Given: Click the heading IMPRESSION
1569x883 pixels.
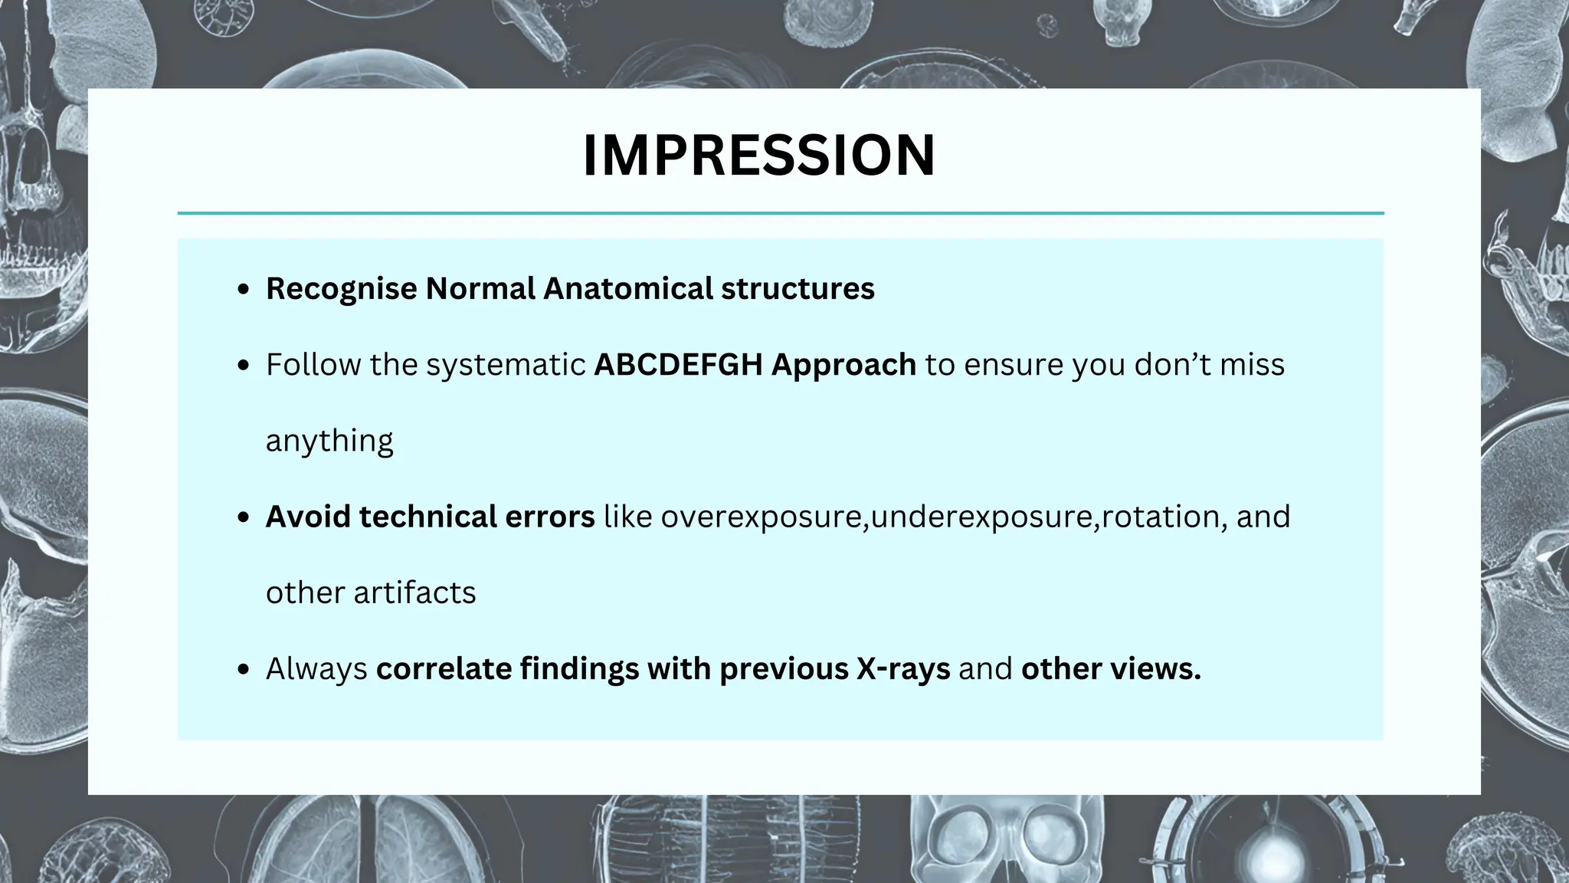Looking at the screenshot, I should point(758,156).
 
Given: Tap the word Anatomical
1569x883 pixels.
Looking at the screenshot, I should point(627,289).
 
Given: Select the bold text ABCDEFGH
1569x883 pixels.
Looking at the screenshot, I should point(678,365).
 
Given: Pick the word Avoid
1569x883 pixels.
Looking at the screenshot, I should point(308,517).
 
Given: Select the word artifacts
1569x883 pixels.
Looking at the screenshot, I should point(414,592).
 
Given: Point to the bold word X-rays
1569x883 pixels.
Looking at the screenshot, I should point(903,669).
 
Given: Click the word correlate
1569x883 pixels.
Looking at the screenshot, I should point(444,669).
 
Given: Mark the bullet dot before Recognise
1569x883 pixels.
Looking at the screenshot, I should point(244,290).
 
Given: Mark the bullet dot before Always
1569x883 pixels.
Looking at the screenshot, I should point(244,670).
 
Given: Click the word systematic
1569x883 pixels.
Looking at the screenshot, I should point(506,366).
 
